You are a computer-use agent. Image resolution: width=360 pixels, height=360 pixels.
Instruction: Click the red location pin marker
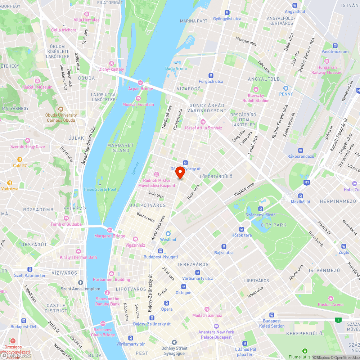(180, 173)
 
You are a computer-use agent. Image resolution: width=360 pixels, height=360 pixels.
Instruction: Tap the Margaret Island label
(120, 148)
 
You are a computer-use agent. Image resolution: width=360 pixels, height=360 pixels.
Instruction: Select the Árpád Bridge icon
(140, 82)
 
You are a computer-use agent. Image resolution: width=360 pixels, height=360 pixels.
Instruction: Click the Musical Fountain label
(138, 104)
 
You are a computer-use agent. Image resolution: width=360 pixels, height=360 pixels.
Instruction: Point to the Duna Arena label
(176, 68)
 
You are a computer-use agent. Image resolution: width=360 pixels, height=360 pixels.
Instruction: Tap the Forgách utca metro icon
(211, 75)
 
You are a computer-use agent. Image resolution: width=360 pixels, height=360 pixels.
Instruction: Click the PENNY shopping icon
(286, 88)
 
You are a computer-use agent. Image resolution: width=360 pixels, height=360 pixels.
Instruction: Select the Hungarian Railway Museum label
(330, 70)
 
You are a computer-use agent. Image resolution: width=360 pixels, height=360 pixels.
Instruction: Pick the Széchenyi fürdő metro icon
(260, 209)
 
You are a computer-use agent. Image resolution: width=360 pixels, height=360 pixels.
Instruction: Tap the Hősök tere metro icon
(242, 229)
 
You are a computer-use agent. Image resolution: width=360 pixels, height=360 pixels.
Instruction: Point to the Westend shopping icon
(168, 233)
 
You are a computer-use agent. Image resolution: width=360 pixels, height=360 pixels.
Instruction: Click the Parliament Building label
(111, 279)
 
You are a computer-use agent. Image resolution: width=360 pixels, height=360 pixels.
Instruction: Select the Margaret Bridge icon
(109, 230)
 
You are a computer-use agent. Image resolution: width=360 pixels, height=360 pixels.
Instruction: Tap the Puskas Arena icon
(330, 298)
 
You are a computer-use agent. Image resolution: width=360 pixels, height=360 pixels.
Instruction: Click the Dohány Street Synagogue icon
(174, 342)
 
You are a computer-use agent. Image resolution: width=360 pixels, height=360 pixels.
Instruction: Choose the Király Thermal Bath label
(78, 257)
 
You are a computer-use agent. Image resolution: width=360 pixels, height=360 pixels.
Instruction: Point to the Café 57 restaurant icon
(20, 159)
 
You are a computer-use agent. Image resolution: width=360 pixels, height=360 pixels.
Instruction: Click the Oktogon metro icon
(184, 287)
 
